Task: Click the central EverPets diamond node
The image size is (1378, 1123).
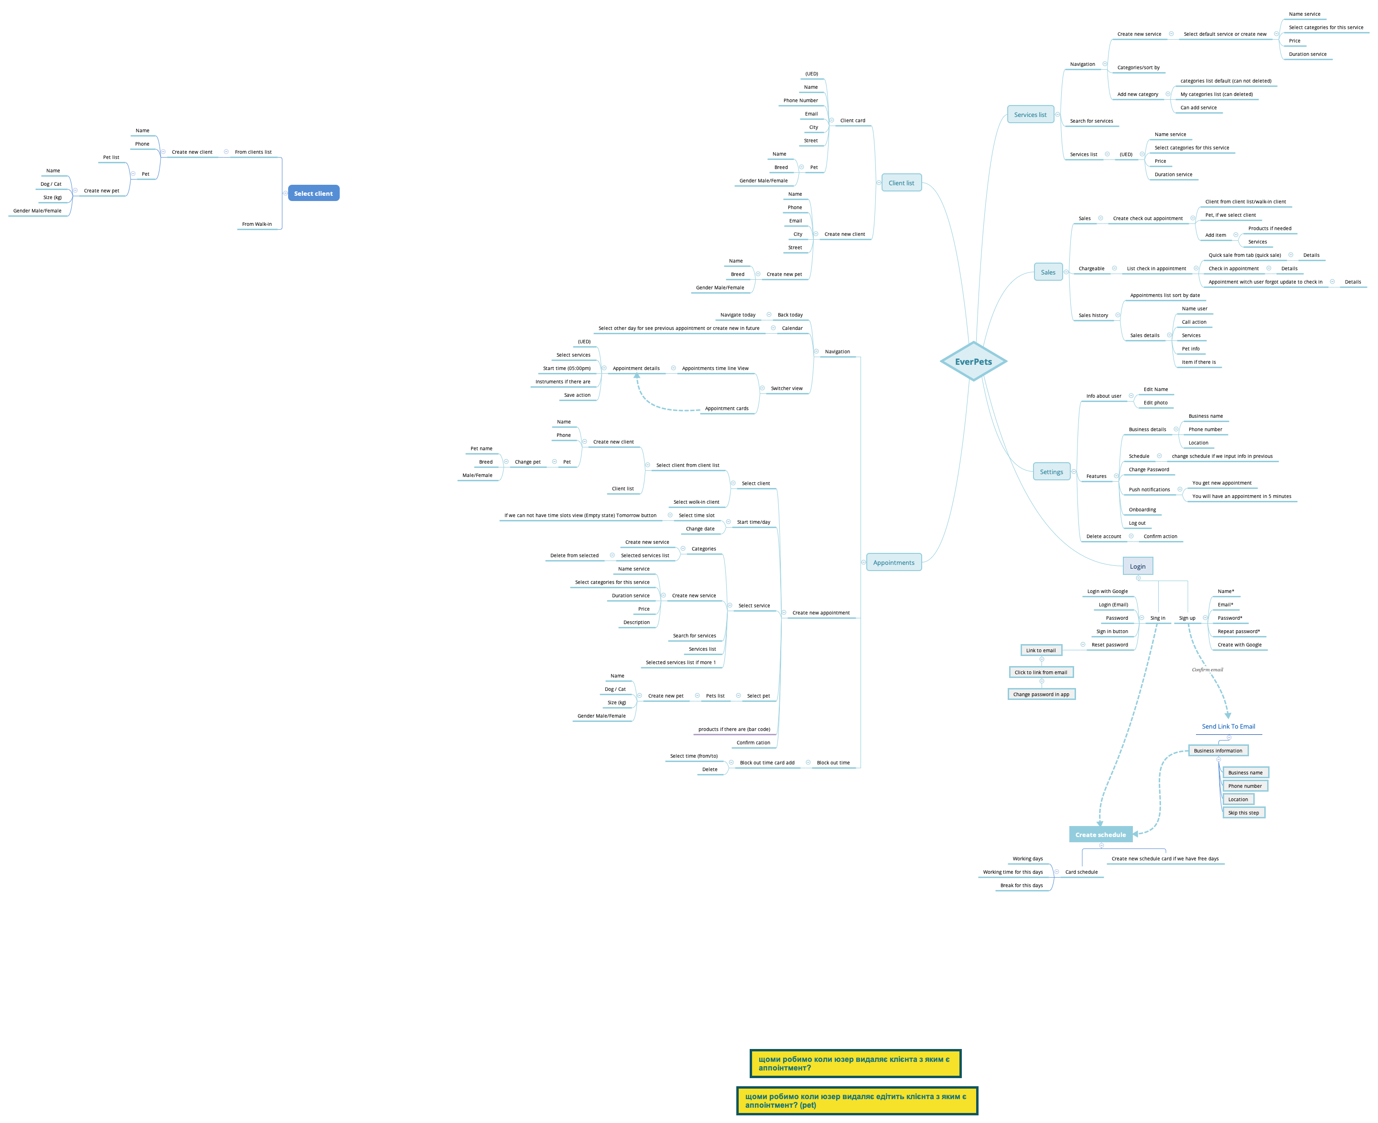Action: (973, 361)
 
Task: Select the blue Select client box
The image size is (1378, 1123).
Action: (313, 193)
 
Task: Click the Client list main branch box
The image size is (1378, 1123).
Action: (901, 183)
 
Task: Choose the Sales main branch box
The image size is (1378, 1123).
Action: (1048, 272)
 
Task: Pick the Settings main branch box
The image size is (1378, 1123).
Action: (1051, 472)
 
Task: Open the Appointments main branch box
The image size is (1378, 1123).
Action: (893, 562)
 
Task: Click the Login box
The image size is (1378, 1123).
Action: (1137, 566)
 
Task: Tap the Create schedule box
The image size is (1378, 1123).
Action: (1100, 835)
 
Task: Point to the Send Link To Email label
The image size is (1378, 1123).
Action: (1228, 726)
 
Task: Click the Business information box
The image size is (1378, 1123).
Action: (1217, 751)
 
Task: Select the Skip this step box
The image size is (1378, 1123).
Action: (1243, 813)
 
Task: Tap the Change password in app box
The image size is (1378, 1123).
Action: (1041, 694)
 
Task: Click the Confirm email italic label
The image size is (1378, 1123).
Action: (1207, 669)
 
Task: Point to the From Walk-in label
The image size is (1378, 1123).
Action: (257, 224)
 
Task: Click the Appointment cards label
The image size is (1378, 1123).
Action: (726, 408)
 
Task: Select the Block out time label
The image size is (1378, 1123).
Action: (833, 763)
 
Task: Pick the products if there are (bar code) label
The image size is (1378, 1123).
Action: (734, 729)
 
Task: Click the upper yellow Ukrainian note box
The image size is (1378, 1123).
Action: (855, 1063)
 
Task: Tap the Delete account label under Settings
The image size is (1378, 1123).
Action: (1103, 536)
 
